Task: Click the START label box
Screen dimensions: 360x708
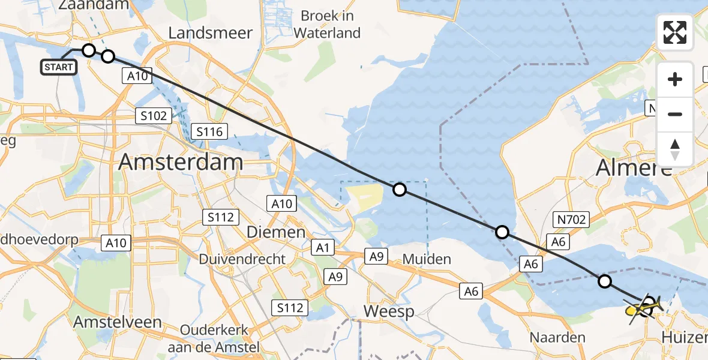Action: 59,67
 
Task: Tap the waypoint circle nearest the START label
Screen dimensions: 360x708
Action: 88,50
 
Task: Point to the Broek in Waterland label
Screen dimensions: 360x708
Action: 331,24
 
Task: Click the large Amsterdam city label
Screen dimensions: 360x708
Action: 181,162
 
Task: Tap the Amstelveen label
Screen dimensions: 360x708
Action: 118,322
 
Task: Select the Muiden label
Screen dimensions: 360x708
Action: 427,259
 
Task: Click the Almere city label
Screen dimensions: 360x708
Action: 634,169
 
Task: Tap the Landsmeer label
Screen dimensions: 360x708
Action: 210,33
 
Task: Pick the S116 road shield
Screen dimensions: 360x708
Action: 209,131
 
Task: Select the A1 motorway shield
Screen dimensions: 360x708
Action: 323,247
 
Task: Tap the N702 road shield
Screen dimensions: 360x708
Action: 571,220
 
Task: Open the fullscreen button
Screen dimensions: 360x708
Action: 674,32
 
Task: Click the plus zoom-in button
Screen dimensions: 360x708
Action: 674,79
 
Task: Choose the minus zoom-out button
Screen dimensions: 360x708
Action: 674,114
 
